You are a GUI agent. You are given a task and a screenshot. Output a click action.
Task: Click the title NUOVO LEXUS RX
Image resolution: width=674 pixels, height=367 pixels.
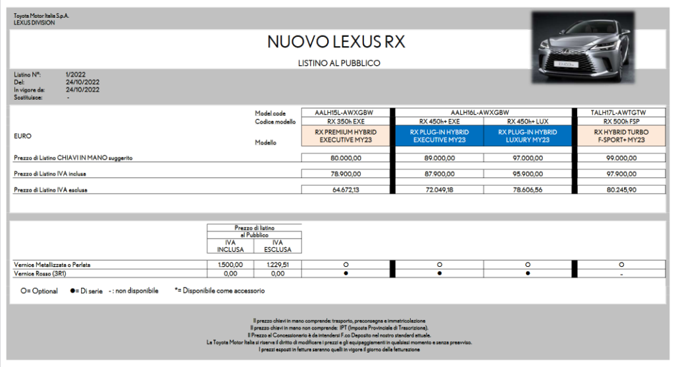click(336, 42)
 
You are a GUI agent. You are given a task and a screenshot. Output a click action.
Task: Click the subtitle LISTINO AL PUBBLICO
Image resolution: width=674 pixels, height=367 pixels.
click(339, 63)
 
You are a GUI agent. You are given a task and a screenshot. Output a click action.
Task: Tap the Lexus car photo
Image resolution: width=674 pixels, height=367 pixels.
click(581, 47)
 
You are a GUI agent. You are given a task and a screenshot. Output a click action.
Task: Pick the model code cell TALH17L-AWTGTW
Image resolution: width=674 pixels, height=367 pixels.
click(619, 113)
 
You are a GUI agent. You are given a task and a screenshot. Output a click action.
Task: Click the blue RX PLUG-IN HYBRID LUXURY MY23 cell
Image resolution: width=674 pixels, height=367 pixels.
click(527, 136)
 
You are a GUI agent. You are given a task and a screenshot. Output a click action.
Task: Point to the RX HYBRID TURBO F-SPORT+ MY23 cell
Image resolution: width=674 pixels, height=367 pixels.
click(619, 136)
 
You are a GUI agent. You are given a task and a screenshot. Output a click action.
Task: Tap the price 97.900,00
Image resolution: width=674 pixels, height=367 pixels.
click(619, 174)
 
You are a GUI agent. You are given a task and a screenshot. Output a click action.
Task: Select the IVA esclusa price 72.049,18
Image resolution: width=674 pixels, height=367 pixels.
click(437, 190)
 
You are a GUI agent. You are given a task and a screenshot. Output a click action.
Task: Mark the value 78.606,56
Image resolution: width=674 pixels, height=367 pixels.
click(527, 190)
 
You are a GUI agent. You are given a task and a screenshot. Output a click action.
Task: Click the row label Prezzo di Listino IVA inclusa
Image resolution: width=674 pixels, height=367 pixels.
click(51, 174)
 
